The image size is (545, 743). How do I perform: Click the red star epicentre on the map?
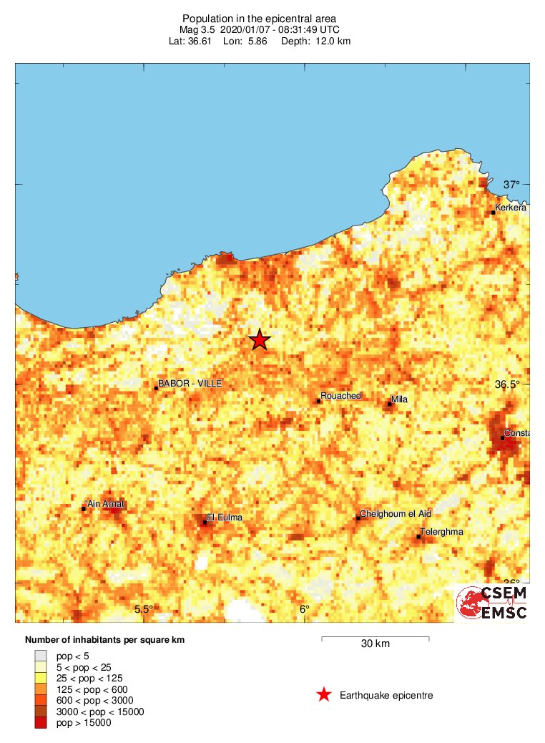coord(259,340)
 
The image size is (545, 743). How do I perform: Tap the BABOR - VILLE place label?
coord(190,384)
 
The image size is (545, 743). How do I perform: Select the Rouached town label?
coord(341,396)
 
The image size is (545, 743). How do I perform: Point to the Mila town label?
coord(399,399)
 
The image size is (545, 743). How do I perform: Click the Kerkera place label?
coord(511,208)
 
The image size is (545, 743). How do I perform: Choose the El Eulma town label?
coord(225,518)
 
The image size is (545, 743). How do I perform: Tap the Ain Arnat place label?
coord(105,504)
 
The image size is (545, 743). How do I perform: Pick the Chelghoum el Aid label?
coord(396,514)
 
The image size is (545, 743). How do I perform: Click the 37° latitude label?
coord(511,185)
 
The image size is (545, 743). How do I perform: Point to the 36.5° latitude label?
coord(508,384)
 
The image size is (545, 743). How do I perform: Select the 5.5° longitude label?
coord(144,609)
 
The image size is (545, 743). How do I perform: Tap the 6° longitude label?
coord(304,609)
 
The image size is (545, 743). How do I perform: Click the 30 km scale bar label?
coord(375,644)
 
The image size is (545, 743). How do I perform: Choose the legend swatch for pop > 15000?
coord(41,723)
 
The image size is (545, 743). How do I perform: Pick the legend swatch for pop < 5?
coord(41,654)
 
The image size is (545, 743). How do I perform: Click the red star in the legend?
coord(324,694)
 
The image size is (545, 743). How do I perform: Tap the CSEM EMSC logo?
coord(492,603)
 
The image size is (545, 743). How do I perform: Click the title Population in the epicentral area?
coord(260,18)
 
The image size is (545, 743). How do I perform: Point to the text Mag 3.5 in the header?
coord(196,29)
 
